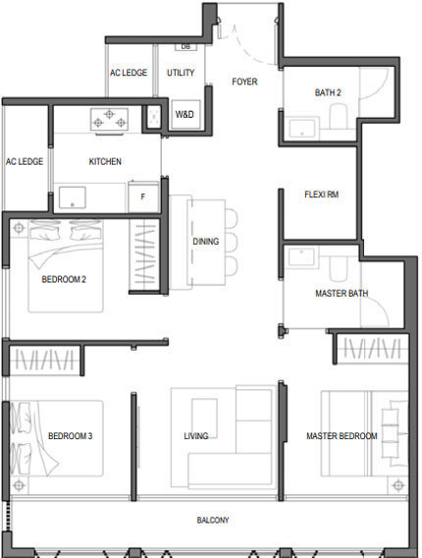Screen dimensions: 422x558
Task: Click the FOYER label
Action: pyautogui.click(x=244, y=82)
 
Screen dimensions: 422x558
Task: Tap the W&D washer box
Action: pyautogui.click(x=185, y=114)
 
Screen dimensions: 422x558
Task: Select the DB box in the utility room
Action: pyautogui.click(x=185, y=47)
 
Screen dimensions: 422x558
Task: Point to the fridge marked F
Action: pyautogui.click(x=143, y=196)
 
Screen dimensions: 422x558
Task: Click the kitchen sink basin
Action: pyautogui.click(x=73, y=197)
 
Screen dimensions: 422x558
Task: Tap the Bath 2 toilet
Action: pyautogui.click(x=339, y=116)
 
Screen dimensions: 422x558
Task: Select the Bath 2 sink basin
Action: pyautogui.click(x=302, y=129)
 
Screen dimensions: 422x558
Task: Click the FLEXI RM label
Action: pyautogui.click(x=321, y=195)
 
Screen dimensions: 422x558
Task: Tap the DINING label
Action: pyautogui.click(x=205, y=242)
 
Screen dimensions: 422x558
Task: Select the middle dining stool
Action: pyautogui.click(x=231, y=242)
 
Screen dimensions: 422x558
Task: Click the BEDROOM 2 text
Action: pyautogui.click(x=64, y=279)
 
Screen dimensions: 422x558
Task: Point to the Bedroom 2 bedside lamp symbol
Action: pyautogui.click(x=19, y=228)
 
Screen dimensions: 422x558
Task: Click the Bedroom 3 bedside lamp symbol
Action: pyautogui.click(x=19, y=485)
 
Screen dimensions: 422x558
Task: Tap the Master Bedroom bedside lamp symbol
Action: pyautogui.click(x=398, y=485)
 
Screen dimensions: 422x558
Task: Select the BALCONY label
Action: pyautogui.click(x=213, y=520)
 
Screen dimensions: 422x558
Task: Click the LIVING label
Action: pyautogui.click(x=196, y=436)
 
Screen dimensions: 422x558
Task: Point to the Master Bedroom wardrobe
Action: pyautogui.click(x=372, y=349)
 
